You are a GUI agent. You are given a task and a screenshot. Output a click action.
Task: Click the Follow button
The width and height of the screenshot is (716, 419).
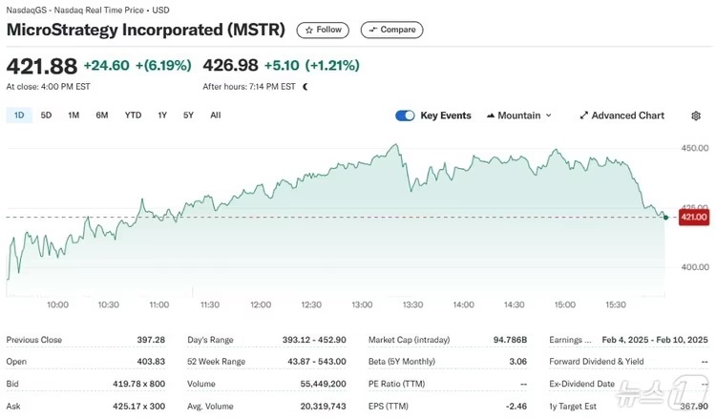323,30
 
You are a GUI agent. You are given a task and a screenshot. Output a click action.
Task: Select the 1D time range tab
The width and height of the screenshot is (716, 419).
19,115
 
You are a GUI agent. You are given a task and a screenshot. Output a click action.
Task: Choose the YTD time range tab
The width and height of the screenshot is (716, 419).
133,115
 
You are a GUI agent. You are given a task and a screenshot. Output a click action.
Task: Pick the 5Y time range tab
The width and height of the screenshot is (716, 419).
188,115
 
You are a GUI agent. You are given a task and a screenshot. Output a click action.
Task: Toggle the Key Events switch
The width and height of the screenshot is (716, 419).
405,115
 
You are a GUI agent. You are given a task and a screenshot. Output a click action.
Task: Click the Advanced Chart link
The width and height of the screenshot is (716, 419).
621,115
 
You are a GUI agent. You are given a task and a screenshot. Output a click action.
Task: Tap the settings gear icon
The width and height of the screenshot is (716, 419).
696,115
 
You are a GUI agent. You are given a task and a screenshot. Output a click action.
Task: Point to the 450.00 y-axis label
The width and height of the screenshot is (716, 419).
694,148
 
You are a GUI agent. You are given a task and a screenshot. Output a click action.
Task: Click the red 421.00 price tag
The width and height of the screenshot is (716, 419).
694,218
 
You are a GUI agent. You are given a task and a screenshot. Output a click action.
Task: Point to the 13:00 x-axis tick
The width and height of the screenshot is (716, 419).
362,304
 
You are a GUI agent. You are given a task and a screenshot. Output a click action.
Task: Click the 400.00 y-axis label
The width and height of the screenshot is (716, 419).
694,267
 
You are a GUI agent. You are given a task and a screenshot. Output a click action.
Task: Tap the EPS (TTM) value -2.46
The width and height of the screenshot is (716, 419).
515,406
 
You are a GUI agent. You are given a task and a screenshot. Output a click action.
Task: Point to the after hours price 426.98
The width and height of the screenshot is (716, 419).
231,66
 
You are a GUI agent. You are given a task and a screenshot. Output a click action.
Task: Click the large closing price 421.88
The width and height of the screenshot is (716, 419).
41,66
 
